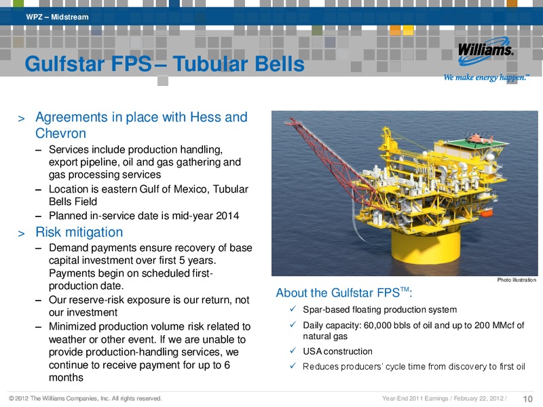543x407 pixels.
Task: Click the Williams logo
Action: tap(485, 52)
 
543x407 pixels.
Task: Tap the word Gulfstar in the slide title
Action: tap(64, 64)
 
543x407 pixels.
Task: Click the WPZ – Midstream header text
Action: tap(57, 17)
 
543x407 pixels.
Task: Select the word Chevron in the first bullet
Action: tap(60, 133)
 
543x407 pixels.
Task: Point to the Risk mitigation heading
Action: tap(79, 232)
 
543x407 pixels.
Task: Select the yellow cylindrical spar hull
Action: tap(426, 246)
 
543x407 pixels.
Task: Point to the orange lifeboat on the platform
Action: tap(487, 212)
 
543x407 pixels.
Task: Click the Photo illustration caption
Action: tap(517, 279)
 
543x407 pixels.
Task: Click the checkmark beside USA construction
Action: tap(293, 351)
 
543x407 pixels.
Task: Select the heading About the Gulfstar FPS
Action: tap(344, 293)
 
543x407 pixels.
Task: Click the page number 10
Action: tap(527, 399)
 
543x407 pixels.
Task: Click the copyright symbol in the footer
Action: tap(12, 398)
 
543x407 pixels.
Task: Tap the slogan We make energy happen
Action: tap(487, 77)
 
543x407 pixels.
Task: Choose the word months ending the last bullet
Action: tap(66, 377)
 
